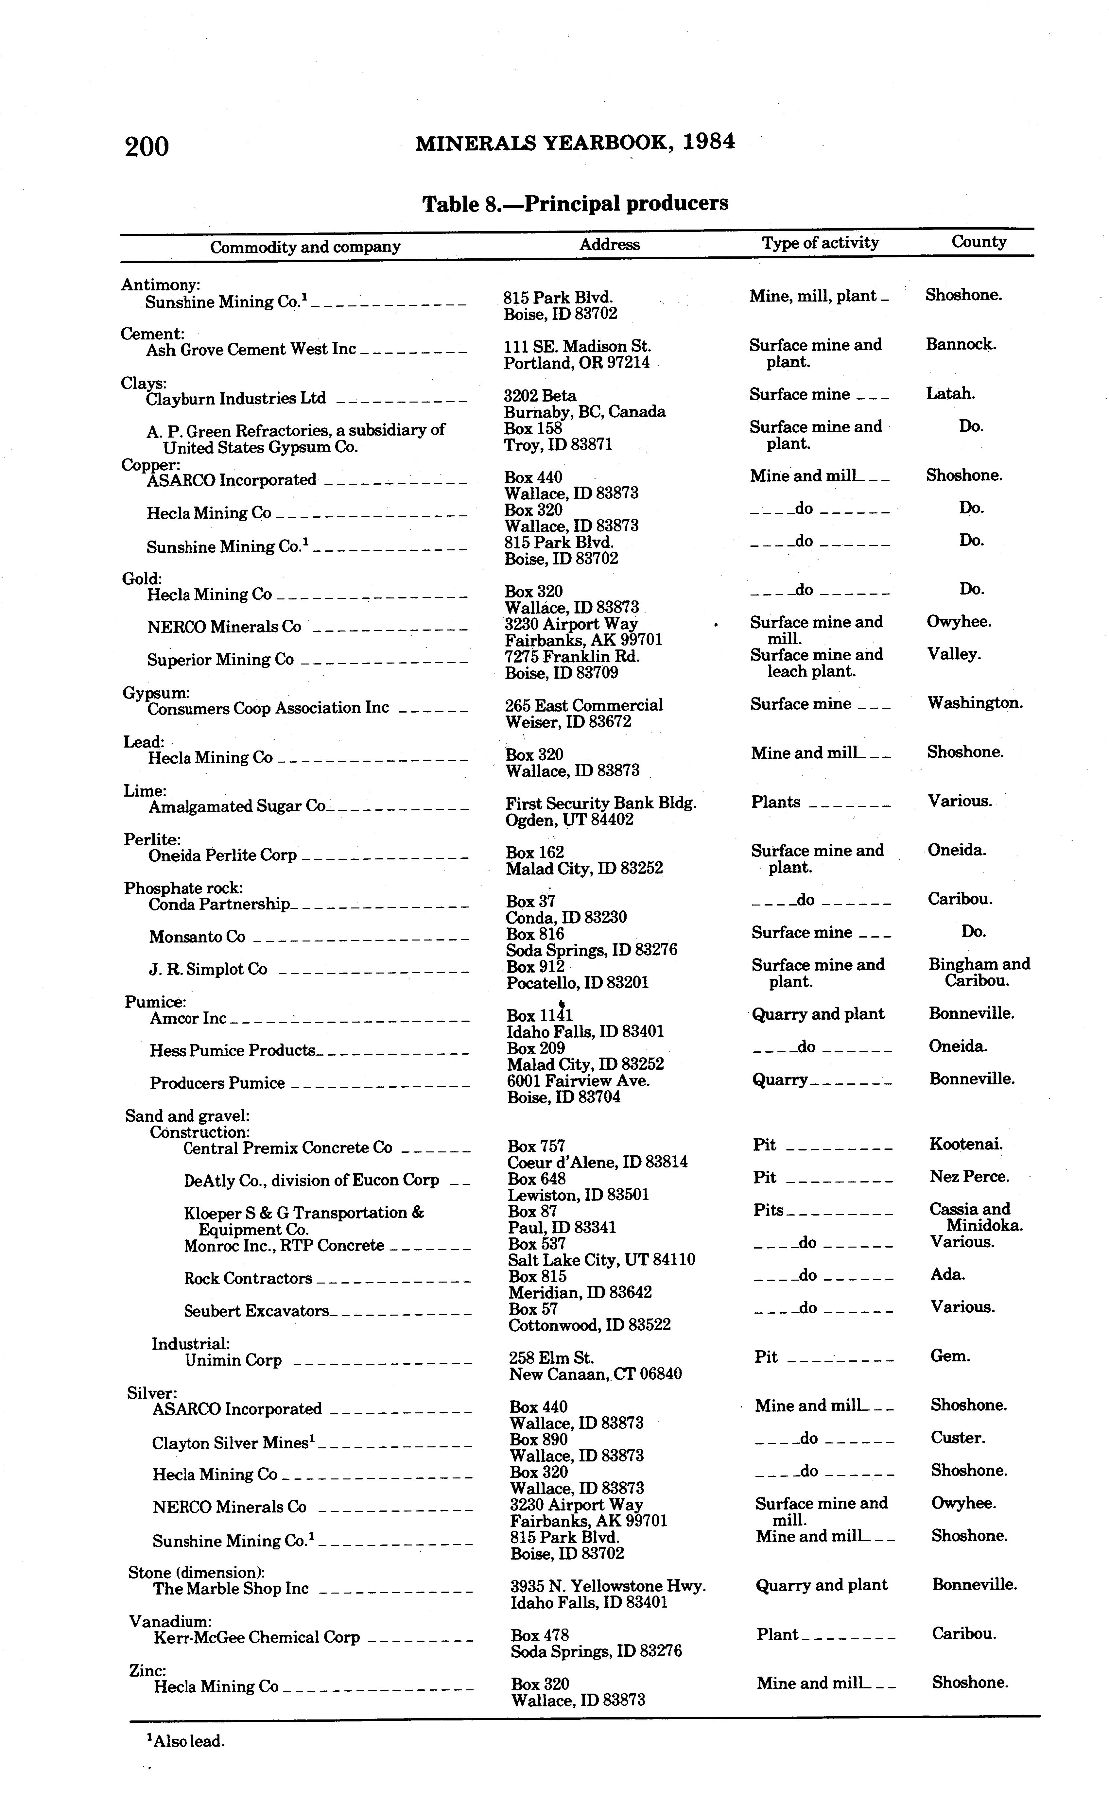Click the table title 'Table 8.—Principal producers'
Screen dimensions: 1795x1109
click(x=575, y=203)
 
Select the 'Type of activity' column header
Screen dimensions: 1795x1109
click(x=820, y=243)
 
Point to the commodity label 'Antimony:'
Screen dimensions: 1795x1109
click(x=161, y=285)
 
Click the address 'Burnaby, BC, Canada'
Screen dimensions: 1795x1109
click(x=584, y=411)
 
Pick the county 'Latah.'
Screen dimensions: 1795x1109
click(x=951, y=394)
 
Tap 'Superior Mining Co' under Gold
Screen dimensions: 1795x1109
click(x=220, y=660)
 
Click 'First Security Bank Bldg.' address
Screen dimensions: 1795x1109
click(x=601, y=803)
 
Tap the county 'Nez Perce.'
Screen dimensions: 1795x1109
click(x=969, y=1177)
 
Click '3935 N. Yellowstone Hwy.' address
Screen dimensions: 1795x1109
click(x=608, y=1586)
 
